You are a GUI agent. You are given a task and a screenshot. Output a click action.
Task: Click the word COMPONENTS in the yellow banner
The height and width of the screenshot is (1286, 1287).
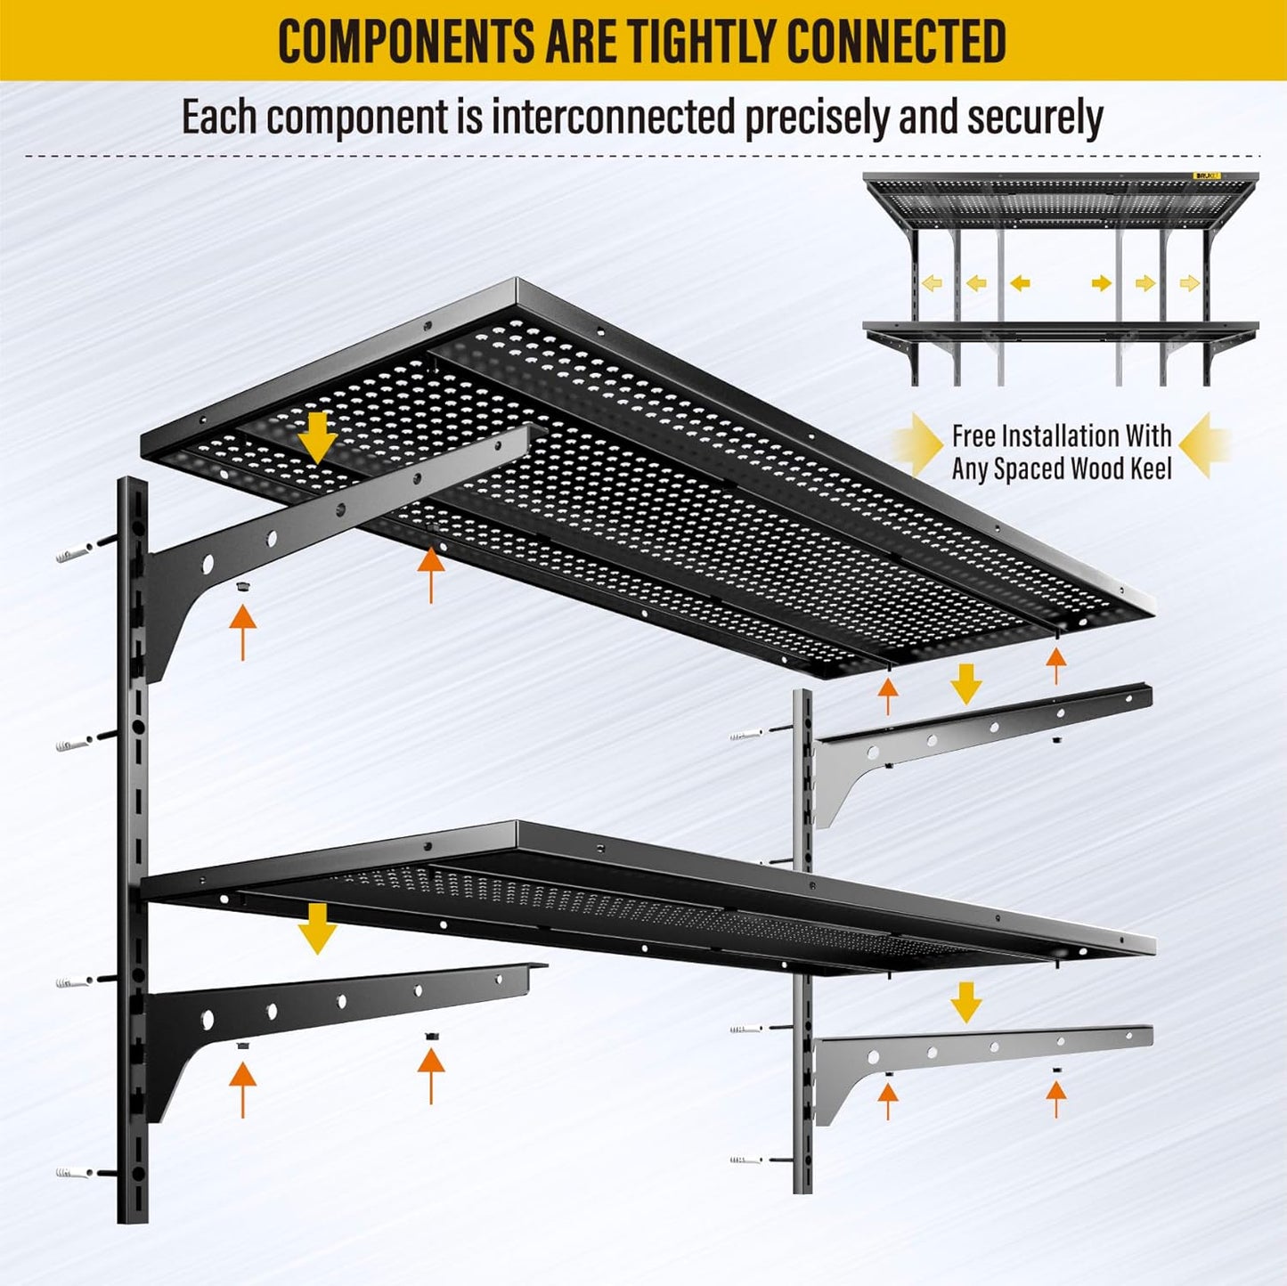click(x=405, y=41)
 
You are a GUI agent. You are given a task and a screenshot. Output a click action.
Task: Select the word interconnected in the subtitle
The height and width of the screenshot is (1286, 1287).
click(x=614, y=118)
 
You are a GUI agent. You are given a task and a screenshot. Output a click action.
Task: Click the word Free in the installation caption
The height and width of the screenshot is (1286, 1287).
click(x=973, y=435)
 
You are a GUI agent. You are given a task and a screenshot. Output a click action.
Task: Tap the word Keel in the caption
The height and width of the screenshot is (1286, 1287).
click(x=1149, y=468)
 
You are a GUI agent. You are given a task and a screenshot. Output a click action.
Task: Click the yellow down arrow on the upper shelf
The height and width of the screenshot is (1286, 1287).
click(x=318, y=436)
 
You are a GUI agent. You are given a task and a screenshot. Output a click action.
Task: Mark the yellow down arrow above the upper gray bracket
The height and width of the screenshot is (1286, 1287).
click(x=965, y=684)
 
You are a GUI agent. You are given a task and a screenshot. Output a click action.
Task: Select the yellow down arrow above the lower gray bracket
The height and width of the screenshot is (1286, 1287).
click(x=965, y=1002)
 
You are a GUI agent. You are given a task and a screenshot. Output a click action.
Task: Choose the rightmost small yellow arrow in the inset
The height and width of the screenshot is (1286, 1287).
click(x=1189, y=283)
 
